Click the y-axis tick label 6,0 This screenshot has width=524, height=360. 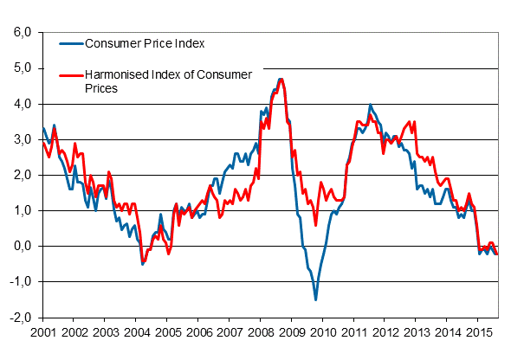pos(21,33)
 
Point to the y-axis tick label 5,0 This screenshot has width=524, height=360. pos(21,68)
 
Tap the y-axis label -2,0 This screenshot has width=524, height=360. pos(19,318)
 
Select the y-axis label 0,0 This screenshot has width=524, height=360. pos(21,247)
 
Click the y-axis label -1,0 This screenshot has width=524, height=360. pos(19,282)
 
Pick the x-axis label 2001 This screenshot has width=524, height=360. pos(42,332)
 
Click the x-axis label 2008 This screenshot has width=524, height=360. pos(262,332)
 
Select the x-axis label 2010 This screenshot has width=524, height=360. pos(324,332)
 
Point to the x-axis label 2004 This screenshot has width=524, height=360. pos(136,332)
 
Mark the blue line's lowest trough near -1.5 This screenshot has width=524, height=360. pos(315,299)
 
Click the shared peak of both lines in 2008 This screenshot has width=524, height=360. pos(281,79)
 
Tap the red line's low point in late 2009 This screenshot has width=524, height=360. pos(315,225)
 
